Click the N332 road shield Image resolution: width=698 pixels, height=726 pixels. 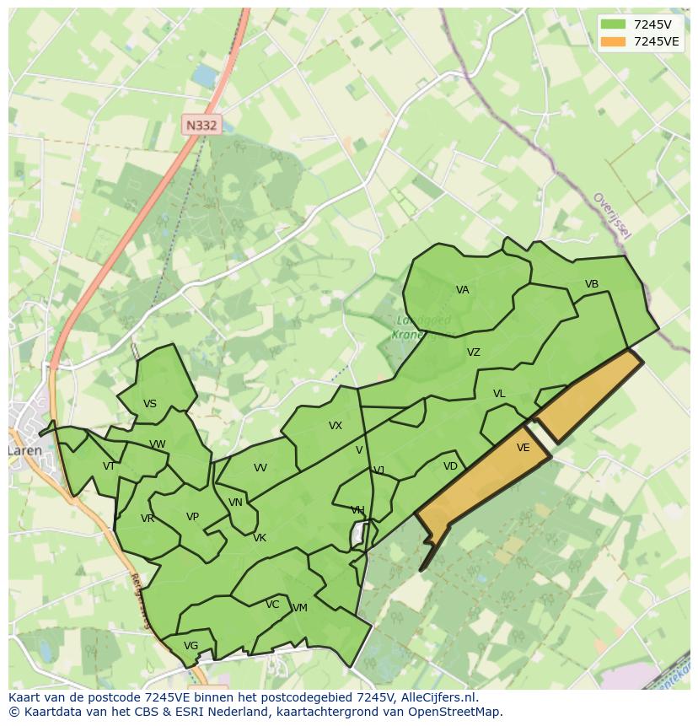click(x=201, y=126)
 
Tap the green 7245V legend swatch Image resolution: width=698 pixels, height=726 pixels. click(x=614, y=24)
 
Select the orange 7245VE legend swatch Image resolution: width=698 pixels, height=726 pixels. click(x=614, y=41)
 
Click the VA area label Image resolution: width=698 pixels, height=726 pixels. click(x=462, y=290)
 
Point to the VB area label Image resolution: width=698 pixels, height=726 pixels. click(x=592, y=284)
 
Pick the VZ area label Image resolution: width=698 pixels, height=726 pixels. click(x=474, y=352)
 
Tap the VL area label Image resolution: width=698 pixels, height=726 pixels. click(x=499, y=394)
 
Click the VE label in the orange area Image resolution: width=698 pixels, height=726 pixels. click(x=523, y=448)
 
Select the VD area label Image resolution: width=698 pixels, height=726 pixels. click(x=450, y=466)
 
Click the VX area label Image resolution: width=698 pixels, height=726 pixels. click(x=336, y=426)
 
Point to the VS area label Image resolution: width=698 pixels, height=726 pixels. click(x=150, y=404)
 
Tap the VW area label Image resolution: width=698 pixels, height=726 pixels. click(x=158, y=444)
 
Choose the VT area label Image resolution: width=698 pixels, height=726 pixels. click(x=109, y=466)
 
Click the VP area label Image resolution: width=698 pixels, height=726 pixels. click(x=192, y=517)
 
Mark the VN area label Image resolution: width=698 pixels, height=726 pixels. click(x=235, y=503)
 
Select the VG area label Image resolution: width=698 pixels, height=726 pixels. click(x=191, y=646)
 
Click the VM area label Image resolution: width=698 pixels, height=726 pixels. click(x=299, y=608)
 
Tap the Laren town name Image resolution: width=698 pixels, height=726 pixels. click(x=24, y=451)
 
